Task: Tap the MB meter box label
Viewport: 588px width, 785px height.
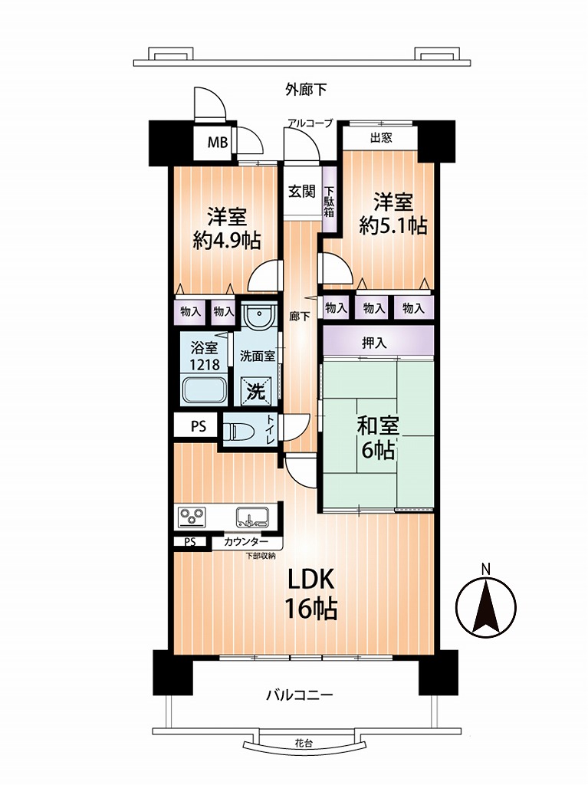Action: click(218, 143)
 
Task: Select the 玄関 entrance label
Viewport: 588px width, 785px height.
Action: click(302, 191)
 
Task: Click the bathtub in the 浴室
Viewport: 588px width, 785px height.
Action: click(205, 390)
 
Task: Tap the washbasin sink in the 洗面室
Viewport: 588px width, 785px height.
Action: click(259, 315)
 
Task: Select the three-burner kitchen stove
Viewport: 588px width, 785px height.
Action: click(192, 517)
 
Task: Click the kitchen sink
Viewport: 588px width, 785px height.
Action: click(252, 517)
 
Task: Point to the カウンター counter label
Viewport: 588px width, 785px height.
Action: click(245, 542)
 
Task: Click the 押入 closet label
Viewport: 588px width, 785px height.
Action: click(374, 343)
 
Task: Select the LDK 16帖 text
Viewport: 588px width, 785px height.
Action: click(310, 595)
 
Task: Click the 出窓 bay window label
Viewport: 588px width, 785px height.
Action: click(381, 137)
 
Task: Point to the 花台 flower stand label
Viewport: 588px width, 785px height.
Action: click(303, 744)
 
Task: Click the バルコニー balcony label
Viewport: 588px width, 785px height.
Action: click(300, 695)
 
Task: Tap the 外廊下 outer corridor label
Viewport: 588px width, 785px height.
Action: click(306, 90)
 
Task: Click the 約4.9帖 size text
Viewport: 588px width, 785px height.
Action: click(227, 241)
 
